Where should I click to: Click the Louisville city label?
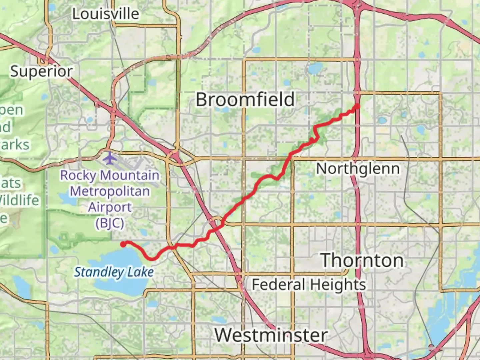(x=106, y=14)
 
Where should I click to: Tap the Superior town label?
(x=41, y=71)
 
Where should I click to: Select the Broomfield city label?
(x=245, y=100)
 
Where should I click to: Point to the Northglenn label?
(x=358, y=169)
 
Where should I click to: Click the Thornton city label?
(x=362, y=260)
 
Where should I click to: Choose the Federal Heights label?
(x=309, y=285)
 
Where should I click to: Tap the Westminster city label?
(x=271, y=335)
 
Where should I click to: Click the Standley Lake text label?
(x=114, y=272)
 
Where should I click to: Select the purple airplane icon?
(x=109, y=158)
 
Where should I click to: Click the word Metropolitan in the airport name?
(x=110, y=191)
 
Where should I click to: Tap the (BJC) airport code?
(x=110, y=223)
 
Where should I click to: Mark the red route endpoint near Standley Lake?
(x=123, y=244)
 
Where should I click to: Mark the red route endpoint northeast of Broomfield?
(x=357, y=106)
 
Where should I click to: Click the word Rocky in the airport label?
(x=78, y=175)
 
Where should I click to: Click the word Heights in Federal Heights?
(x=337, y=285)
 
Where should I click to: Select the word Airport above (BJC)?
(x=110, y=207)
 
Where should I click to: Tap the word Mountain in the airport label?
(x=130, y=175)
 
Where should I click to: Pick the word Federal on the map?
(x=278, y=285)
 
